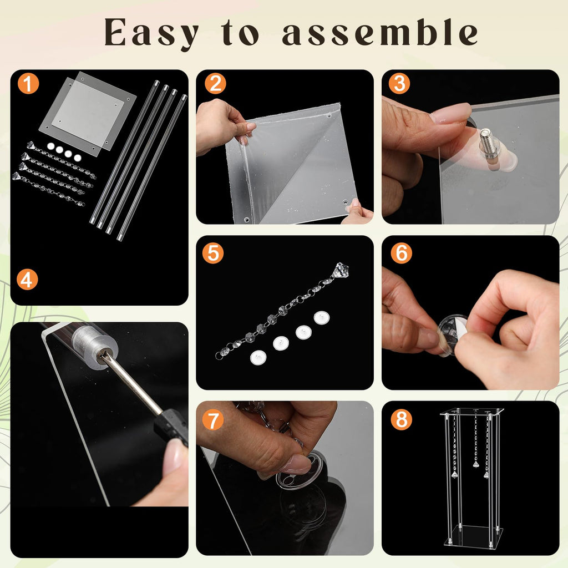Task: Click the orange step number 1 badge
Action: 28,84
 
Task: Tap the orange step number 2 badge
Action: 215,84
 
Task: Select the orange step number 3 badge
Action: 399,84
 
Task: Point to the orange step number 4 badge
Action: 27,280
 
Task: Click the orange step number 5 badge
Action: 213,253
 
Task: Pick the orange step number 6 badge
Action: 402,253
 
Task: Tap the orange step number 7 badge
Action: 212,420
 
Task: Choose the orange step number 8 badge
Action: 402,419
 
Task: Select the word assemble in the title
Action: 379,32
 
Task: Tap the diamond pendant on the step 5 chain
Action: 340,270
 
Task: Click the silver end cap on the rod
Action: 94,346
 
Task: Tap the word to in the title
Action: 240,32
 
